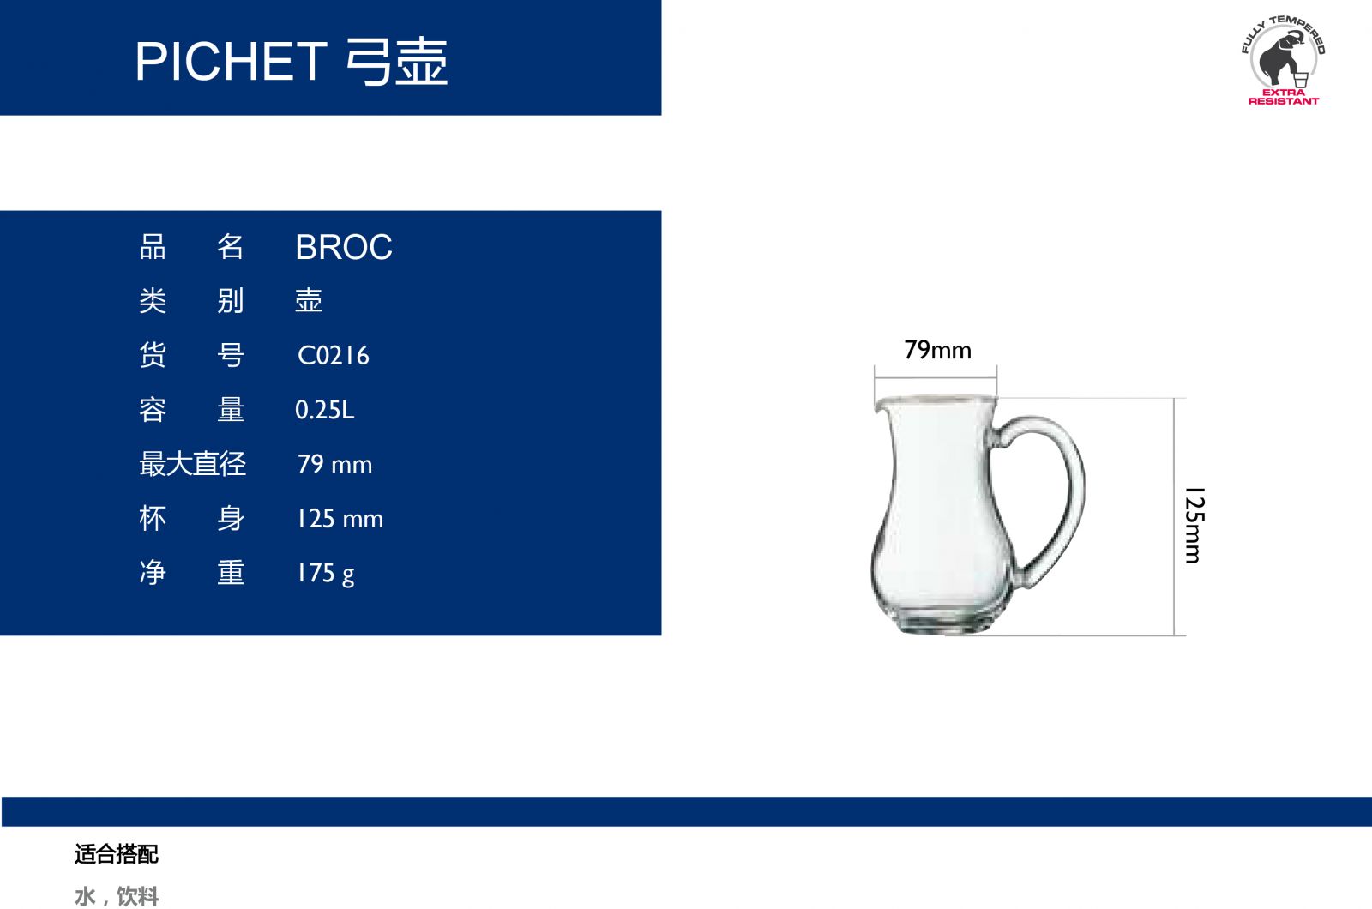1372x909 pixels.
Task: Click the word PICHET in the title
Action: click(x=231, y=61)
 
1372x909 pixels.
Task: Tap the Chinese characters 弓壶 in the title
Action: click(x=397, y=61)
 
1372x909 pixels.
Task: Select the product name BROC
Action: click(x=344, y=248)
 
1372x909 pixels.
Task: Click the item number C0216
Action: click(x=334, y=355)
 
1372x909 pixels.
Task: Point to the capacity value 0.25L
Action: click(x=325, y=410)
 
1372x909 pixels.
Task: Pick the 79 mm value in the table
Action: click(x=334, y=464)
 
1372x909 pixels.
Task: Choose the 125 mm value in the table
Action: click(x=340, y=519)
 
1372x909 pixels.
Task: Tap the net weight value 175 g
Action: click(x=325, y=574)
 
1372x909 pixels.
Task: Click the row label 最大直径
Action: click(x=192, y=464)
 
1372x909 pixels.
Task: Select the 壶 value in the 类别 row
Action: click(x=309, y=301)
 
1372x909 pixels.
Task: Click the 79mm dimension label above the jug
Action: click(x=938, y=351)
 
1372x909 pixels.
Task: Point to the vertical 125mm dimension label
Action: click(x=1195, y=525)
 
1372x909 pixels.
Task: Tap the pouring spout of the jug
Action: click(x=880, y=404)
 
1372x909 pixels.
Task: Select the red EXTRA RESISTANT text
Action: click(x=1283, y=97)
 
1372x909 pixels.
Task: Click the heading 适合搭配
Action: click(x=117, y=854)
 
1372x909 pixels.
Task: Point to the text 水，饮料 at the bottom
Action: click(x=117, y=896)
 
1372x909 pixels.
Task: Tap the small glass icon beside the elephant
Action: click(x=1301, y=80)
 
